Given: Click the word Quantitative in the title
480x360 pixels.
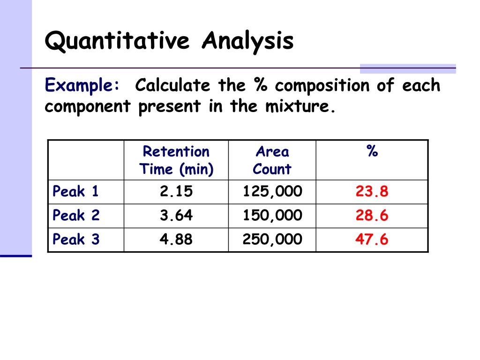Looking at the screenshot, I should tap(118, 41).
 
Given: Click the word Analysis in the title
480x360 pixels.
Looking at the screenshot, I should tap(248, 41).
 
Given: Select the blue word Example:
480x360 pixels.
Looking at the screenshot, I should tap(82, 86).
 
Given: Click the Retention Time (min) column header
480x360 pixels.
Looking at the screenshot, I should tap(176, 160).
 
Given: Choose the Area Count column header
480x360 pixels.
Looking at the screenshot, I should tap(272, 160).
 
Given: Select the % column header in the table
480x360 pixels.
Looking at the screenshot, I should tap(372, 152).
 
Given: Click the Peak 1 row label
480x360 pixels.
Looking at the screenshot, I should tap(76, 192).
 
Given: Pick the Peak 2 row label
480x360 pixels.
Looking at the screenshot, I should tap(76, 216).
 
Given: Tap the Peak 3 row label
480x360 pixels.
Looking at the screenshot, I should tap(76, 240).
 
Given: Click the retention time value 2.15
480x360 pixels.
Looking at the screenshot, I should tap(176, 192).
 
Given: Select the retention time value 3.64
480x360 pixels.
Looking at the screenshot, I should tap(176, 216).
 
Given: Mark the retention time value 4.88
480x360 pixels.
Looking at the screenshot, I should tap(176, 240).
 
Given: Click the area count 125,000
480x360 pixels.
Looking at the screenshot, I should tap(272, 192).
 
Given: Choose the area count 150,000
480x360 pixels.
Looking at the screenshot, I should tap(272, 216).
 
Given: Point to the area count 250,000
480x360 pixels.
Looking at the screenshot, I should tap(272, 240).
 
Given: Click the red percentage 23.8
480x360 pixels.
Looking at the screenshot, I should tap(372, 192).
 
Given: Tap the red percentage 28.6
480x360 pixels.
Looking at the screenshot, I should tap(372, 216).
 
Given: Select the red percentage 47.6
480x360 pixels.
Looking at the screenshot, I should tap(372, 240).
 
